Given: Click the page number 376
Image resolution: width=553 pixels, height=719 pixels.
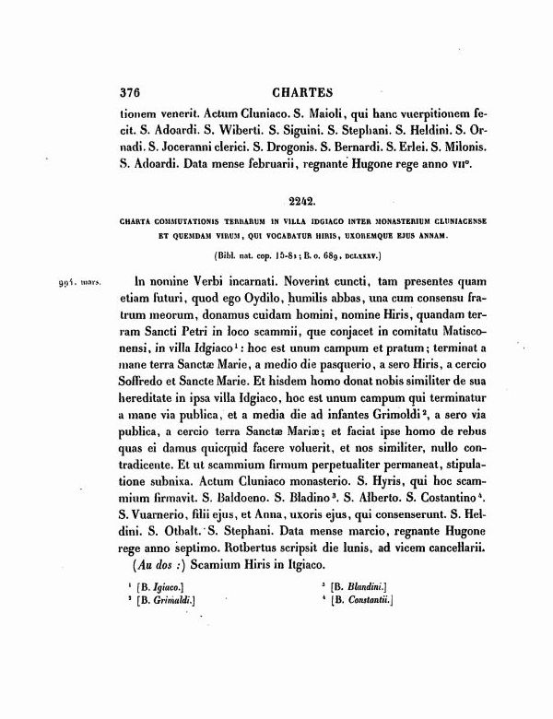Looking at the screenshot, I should point(135,92).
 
